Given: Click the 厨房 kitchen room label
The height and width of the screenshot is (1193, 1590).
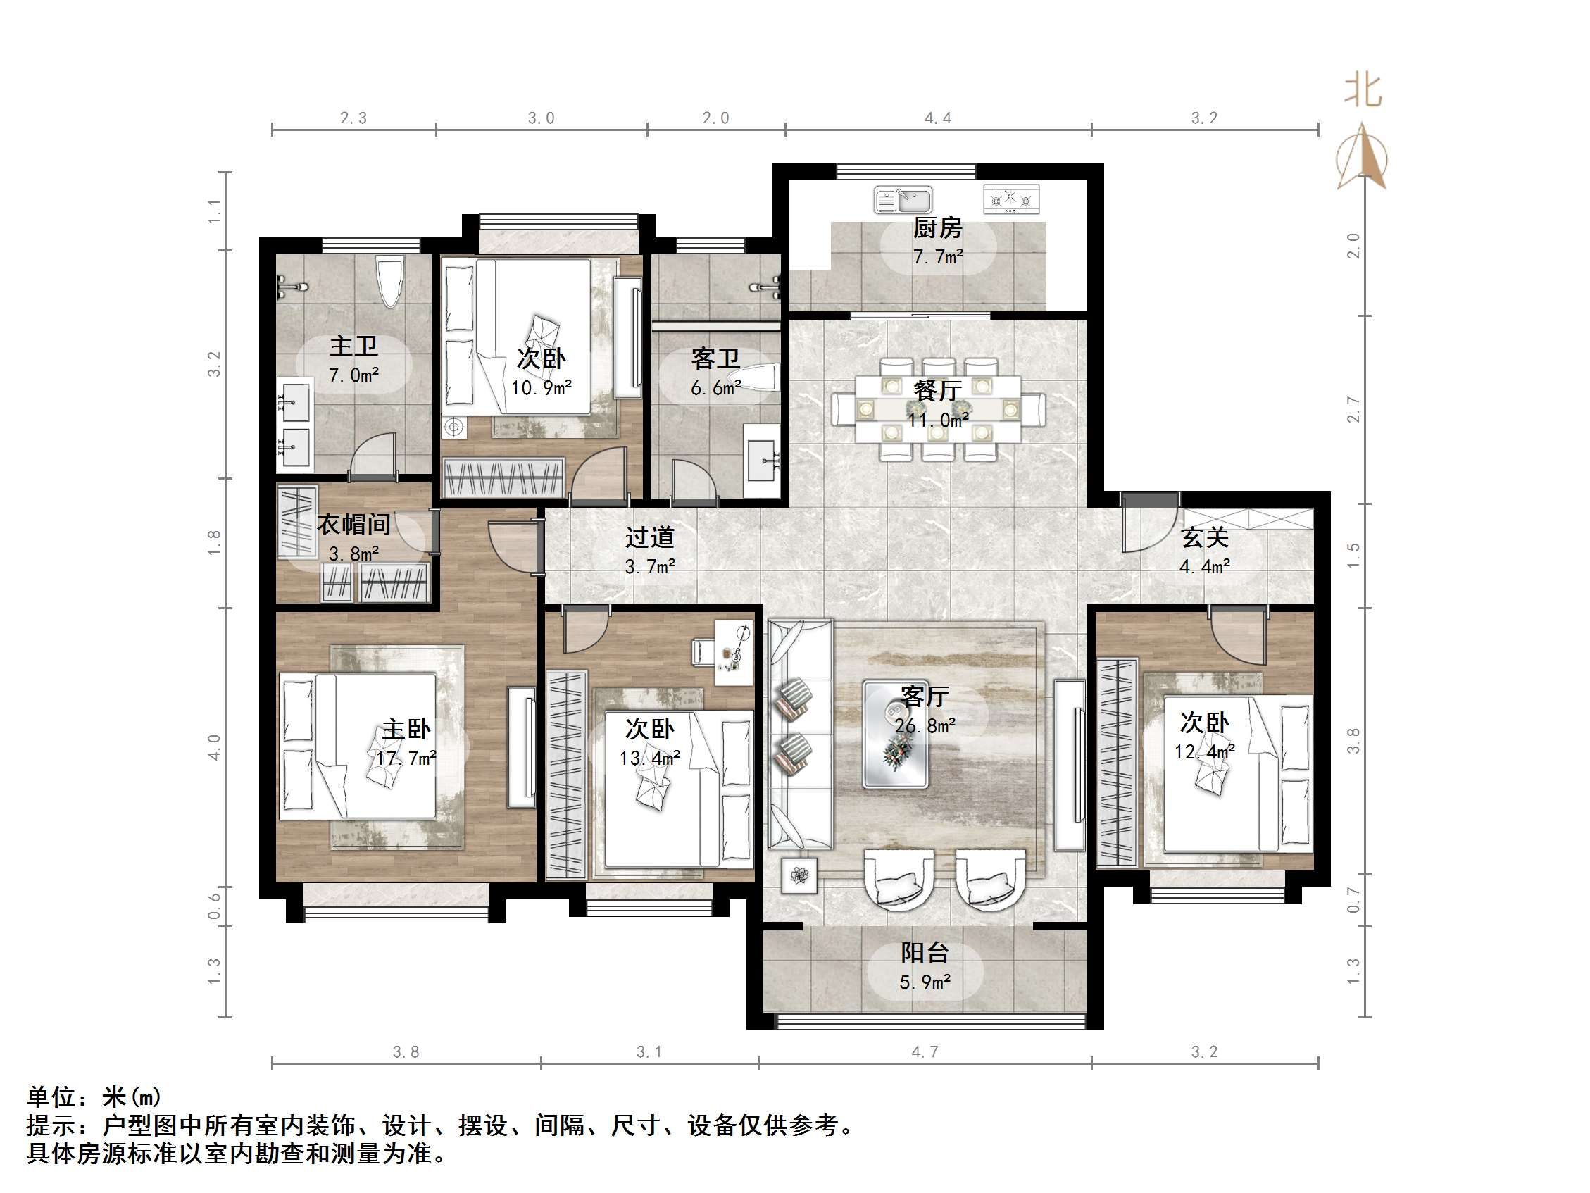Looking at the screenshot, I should point(937,229).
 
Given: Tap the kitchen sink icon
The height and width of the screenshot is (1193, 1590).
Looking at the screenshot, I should point(903,200).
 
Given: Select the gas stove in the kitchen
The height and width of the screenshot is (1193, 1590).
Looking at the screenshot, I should point(1010,199).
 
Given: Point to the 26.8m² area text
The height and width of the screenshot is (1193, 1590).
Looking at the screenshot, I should point(925,725).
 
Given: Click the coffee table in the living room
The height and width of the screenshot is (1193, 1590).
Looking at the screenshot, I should point(896,735).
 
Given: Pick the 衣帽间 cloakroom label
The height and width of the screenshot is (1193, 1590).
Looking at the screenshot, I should point(353,524).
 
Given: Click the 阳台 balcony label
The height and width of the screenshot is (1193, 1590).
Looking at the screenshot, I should point(925,954).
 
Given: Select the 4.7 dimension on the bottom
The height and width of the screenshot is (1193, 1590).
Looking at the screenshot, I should point(925,1052).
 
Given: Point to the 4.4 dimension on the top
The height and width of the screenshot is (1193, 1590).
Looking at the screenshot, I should point(937,118).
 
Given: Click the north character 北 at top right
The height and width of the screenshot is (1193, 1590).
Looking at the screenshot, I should point(1362,92).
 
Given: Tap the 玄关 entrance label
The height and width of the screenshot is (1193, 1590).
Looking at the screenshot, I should point(1204,537).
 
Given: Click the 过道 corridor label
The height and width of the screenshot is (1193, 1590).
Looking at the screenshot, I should point(649,537).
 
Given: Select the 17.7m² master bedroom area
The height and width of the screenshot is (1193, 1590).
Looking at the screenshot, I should point(406,758).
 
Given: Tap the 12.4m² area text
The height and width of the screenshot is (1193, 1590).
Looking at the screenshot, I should point(1204,752).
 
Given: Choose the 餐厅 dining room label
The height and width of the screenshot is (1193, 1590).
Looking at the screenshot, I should point(937,391).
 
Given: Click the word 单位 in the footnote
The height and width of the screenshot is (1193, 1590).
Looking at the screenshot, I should point(51,1097).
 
